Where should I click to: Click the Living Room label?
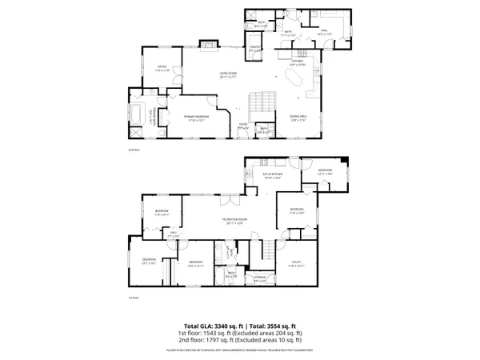click(230, 74)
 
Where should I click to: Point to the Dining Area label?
click(299, 117)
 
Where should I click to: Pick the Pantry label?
click(255, 48)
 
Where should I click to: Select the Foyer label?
click(243, 126)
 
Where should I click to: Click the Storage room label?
click(259, 280)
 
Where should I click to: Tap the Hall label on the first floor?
click(171, 235)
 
